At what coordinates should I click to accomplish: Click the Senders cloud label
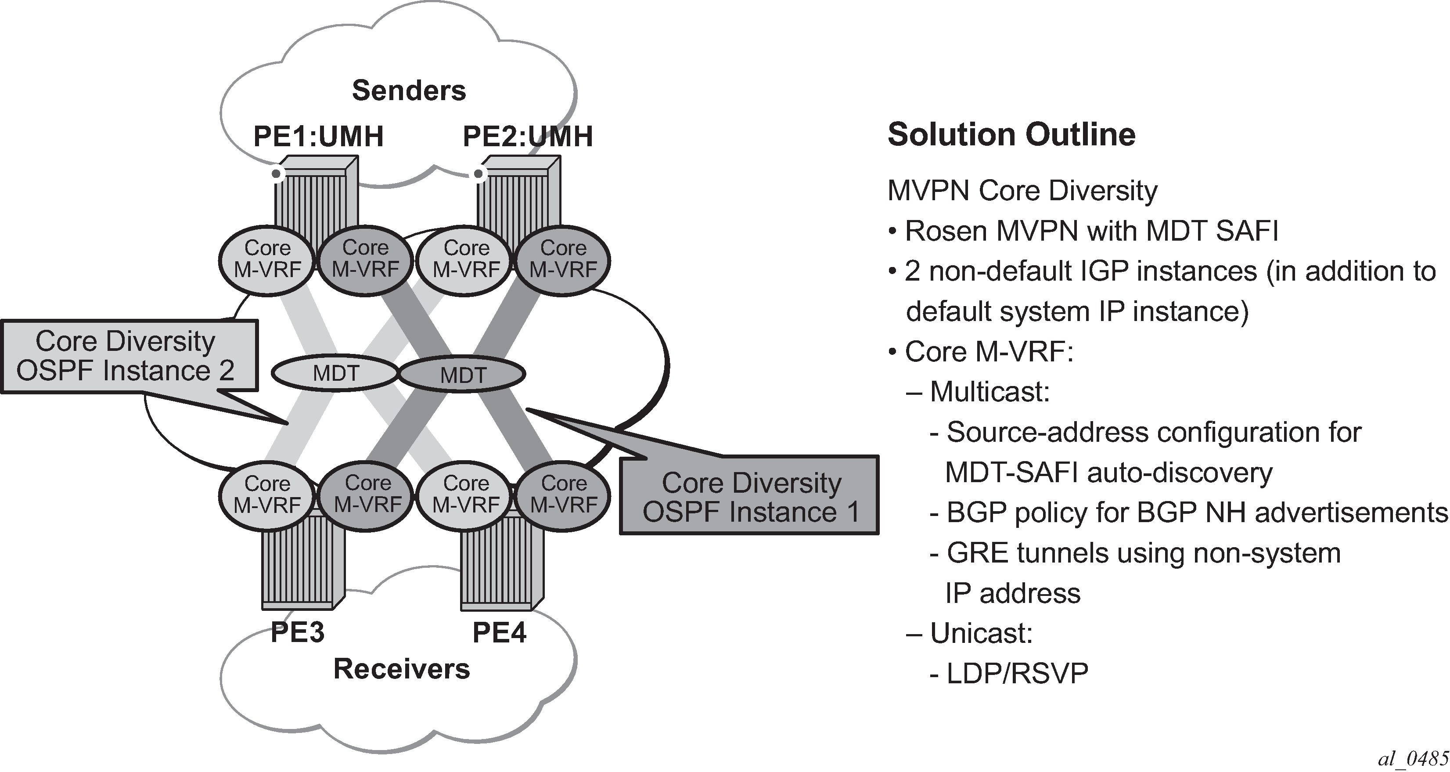(409, 90)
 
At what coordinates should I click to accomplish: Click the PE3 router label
(297, 632)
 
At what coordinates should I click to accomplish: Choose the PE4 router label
(499, 632)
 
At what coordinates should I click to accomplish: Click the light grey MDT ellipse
(335, 373)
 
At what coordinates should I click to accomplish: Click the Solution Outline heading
(1011, 135)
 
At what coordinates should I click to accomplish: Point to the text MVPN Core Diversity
(1022, 191)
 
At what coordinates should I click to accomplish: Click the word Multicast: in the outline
(989, 392)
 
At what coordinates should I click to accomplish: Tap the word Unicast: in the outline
(981, 634)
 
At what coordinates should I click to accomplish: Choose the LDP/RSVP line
(1017, 674)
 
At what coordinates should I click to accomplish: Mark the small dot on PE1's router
(276, 174)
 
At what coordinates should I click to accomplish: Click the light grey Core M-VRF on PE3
(267, 494)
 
